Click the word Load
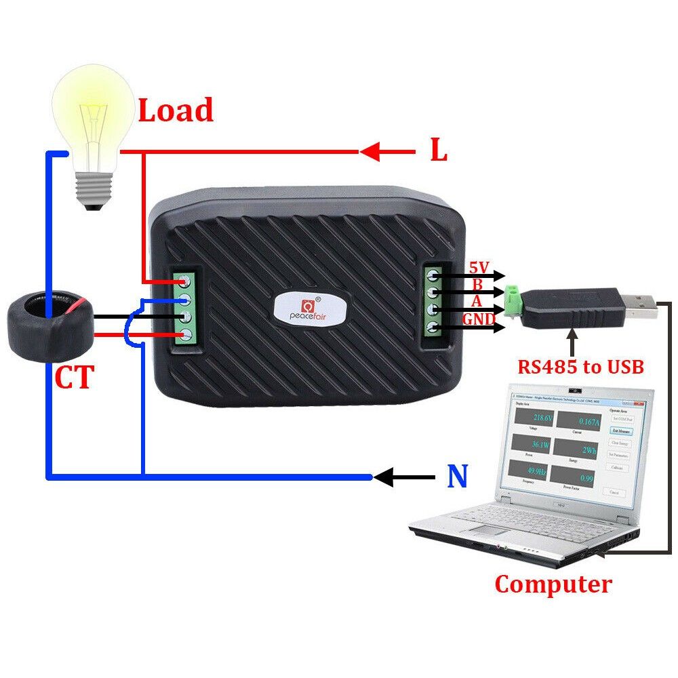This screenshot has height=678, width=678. (176, 111)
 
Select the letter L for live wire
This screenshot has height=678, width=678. (439, 151)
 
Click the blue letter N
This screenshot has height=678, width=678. (458, 477)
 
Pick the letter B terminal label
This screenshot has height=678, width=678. (477, 285)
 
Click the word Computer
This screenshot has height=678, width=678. (553, 584)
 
